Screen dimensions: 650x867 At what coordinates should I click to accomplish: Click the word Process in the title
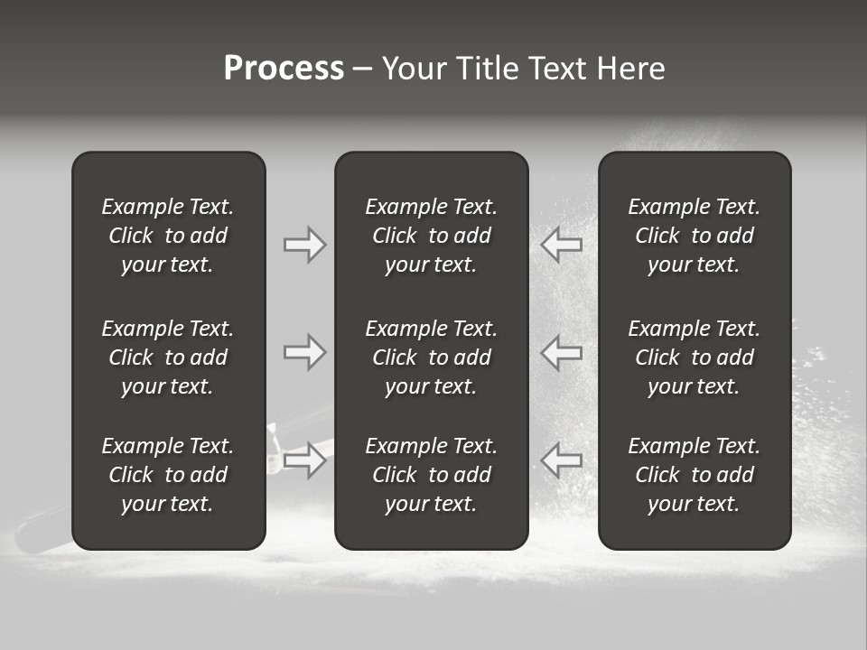click(x=284, y=69)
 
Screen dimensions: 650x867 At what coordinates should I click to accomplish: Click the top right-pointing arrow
click(x=304, y=245)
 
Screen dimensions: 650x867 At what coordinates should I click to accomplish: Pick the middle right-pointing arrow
click(x=304, y=352)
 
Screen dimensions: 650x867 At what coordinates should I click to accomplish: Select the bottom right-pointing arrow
click(x=304, y=460)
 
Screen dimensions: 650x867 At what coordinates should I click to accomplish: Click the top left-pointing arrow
click(x=562, y=244)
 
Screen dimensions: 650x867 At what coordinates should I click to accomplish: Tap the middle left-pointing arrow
click(x=562, y=352)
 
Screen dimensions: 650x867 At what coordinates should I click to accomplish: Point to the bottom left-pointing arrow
click(x=562, y=460)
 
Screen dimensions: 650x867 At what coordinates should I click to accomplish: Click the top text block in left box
click(x=168, y=236)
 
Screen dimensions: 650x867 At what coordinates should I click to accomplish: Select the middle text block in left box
click(x=168, y=357)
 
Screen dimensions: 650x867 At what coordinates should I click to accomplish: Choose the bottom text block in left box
click(x=168, y=475)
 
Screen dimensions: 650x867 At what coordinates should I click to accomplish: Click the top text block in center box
click(x=432, y=236)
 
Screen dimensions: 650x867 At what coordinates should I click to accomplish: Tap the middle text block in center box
click(x=432, y=357)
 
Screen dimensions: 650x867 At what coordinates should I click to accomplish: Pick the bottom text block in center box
click(x=432, y=475)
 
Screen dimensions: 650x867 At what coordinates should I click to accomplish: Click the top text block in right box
click(x=695, y=236)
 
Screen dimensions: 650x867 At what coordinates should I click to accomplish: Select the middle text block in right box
click(x=695, y=357)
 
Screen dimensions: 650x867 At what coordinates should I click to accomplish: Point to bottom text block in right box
click(x=695, y=475)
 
